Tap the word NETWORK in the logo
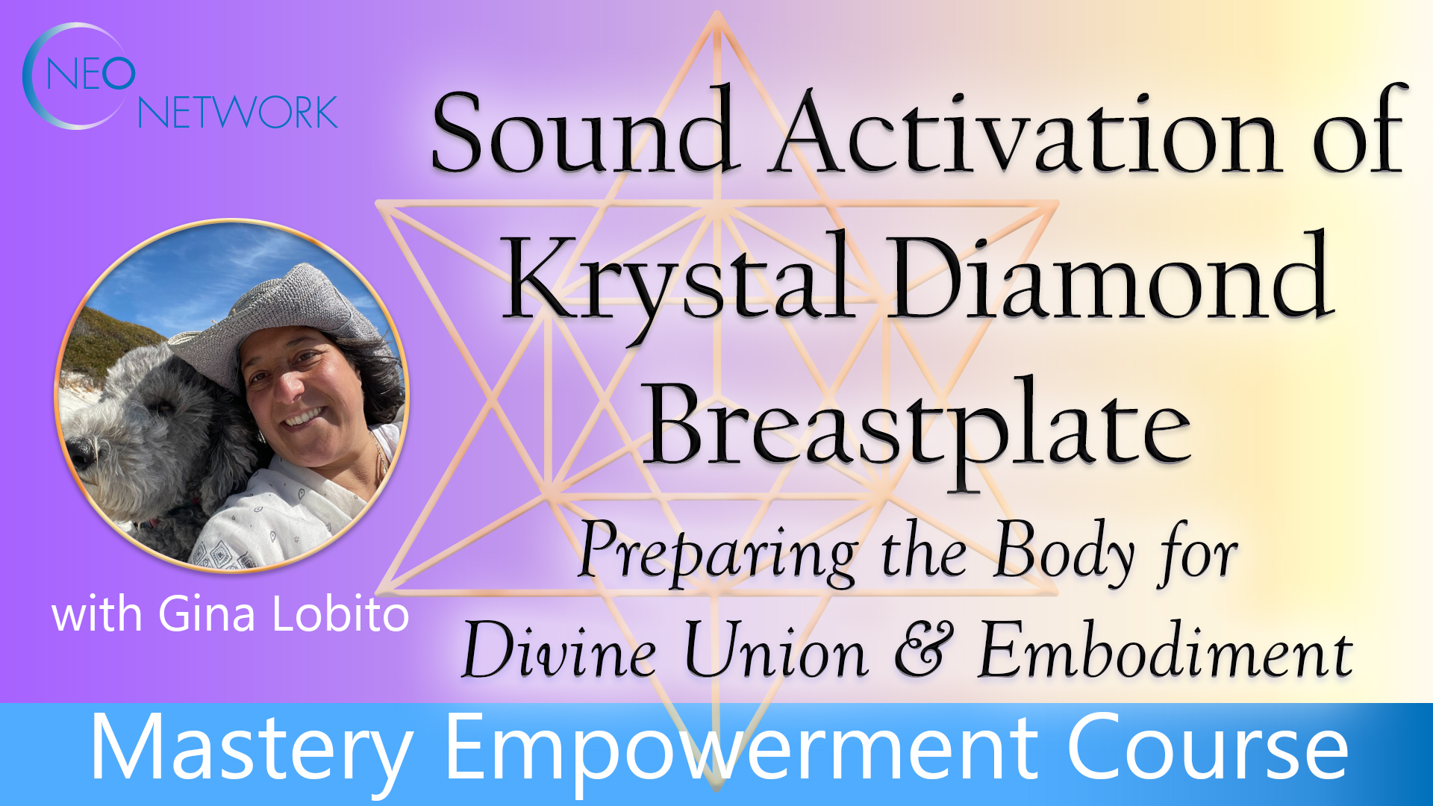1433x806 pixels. [x=237, y=113]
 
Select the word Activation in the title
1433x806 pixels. [x=1026, y=133]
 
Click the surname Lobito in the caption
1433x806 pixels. [x=340, y=615]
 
